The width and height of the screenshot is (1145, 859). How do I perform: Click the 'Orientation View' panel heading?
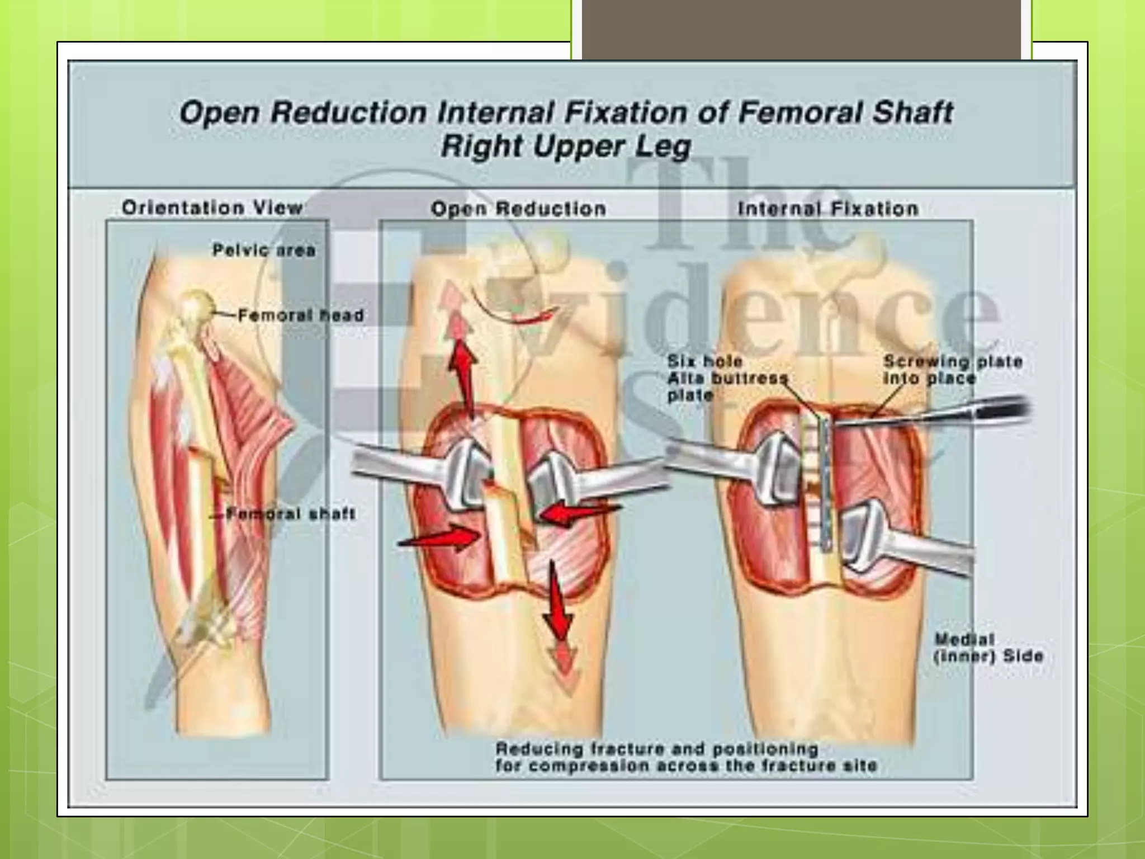pyautogui.click(x=212, y=208)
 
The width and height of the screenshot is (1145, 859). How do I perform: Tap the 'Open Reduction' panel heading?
pyautogui.click(x=518, y=209)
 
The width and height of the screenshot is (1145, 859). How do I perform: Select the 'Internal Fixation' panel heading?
pyautogui.click(x=828, y=209)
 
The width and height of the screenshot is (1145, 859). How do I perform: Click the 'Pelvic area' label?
pyautogui.click(x=264, y=250)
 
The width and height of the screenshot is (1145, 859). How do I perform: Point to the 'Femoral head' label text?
pyautogui.click(x=301, y=315)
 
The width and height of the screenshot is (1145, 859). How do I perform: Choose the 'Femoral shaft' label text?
pyautogui.click(x=291, y=514)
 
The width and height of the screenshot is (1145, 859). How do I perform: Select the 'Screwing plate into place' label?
pyautogui.click(x=953, y=370)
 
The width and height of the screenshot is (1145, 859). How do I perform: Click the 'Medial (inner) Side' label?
pyautogui.click(x=988, y=648)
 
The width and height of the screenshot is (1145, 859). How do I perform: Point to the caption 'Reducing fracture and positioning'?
pyautogui.click(x=657, y=748)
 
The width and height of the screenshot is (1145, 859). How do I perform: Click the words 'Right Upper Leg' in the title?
pyautogui.click(x=566, y=147)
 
